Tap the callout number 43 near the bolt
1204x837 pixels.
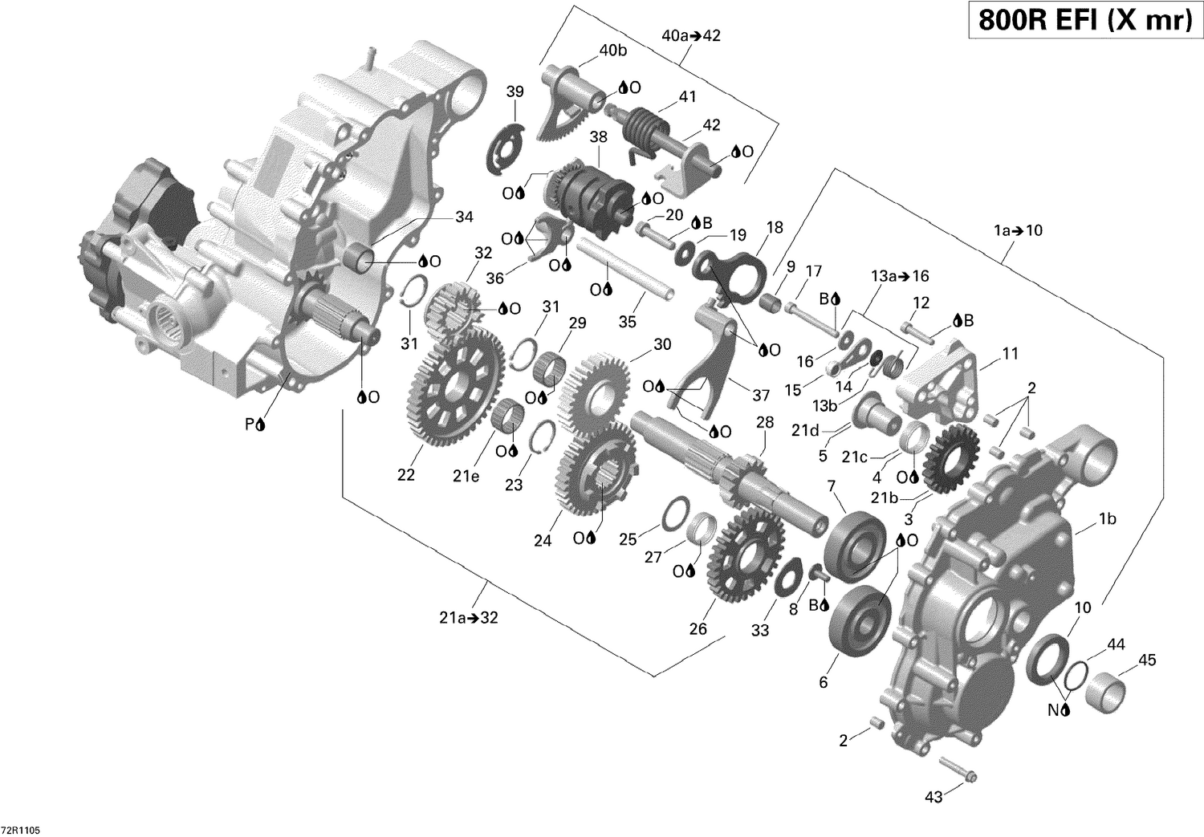934,797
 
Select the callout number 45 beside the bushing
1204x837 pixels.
1147,660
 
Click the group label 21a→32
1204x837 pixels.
464,617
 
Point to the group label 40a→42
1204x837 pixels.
692,35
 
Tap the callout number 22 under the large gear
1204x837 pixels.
406,474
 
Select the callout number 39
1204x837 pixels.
515,91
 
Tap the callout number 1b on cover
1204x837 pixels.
1107,519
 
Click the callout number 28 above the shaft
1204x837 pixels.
764,422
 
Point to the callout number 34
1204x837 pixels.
464,217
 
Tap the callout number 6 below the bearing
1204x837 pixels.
823,682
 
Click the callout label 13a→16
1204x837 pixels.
899,276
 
